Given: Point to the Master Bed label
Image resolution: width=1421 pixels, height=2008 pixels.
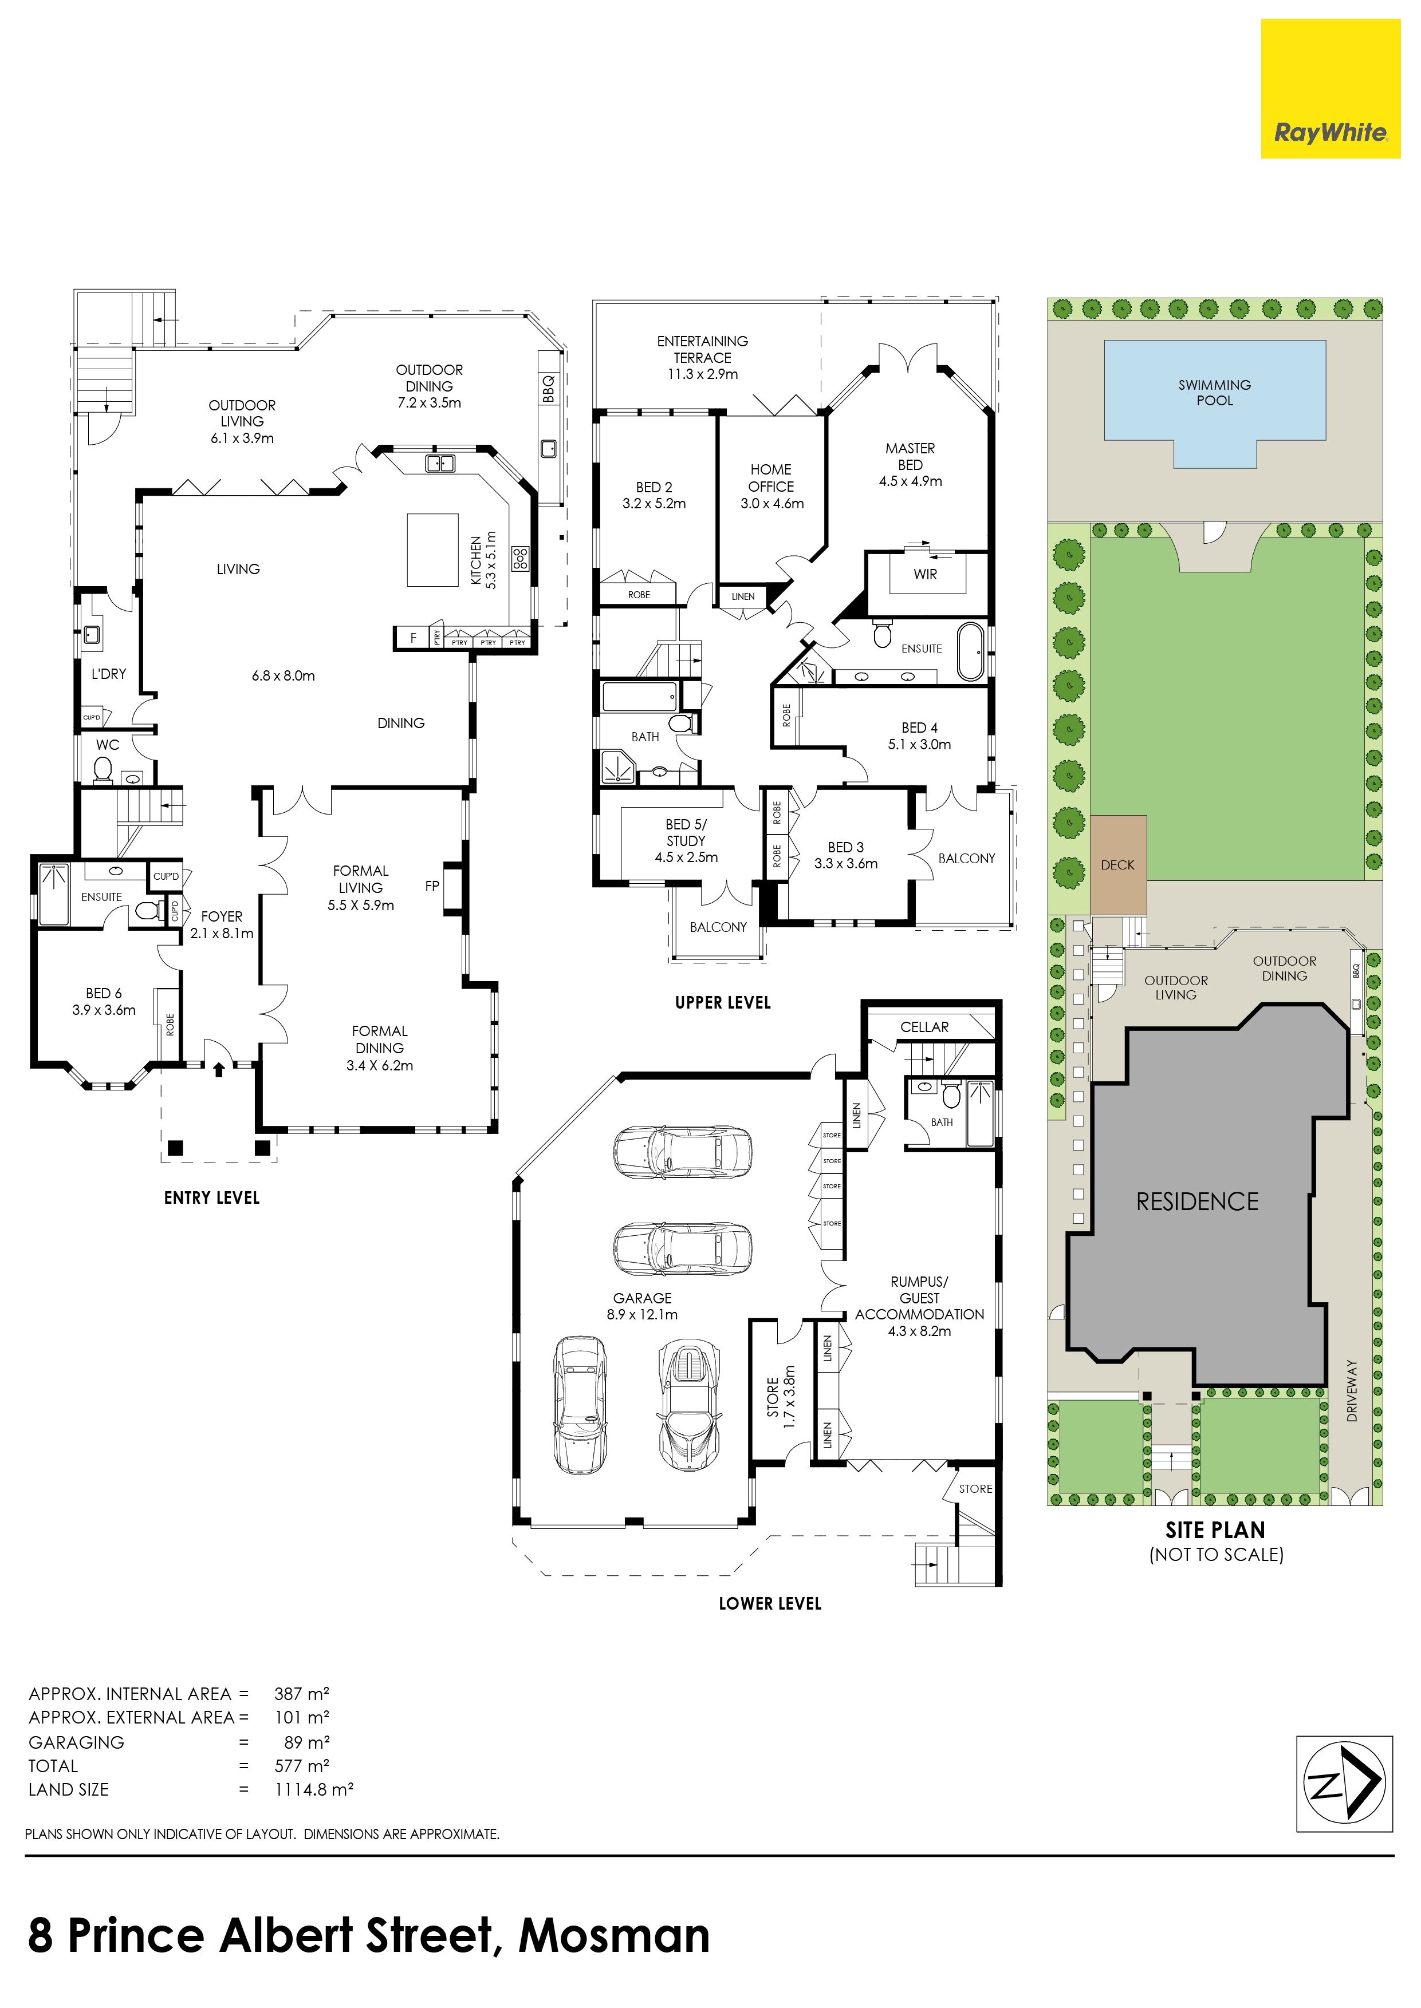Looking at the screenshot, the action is click(910, 464).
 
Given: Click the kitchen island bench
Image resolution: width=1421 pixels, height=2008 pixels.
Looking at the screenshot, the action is click(433, 550).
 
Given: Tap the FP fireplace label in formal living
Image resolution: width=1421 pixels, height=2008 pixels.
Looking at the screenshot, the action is click(432, 886).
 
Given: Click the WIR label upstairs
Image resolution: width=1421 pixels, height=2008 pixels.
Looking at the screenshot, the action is click(925, 575).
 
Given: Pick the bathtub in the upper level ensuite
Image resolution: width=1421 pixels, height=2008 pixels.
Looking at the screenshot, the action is click(971, 651).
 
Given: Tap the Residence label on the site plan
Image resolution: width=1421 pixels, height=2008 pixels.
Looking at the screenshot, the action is click(1197, 1201).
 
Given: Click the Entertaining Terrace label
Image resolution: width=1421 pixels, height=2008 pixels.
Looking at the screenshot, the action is click(703, 357).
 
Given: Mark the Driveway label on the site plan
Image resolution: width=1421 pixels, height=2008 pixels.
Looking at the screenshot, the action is click(1352, 1390).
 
